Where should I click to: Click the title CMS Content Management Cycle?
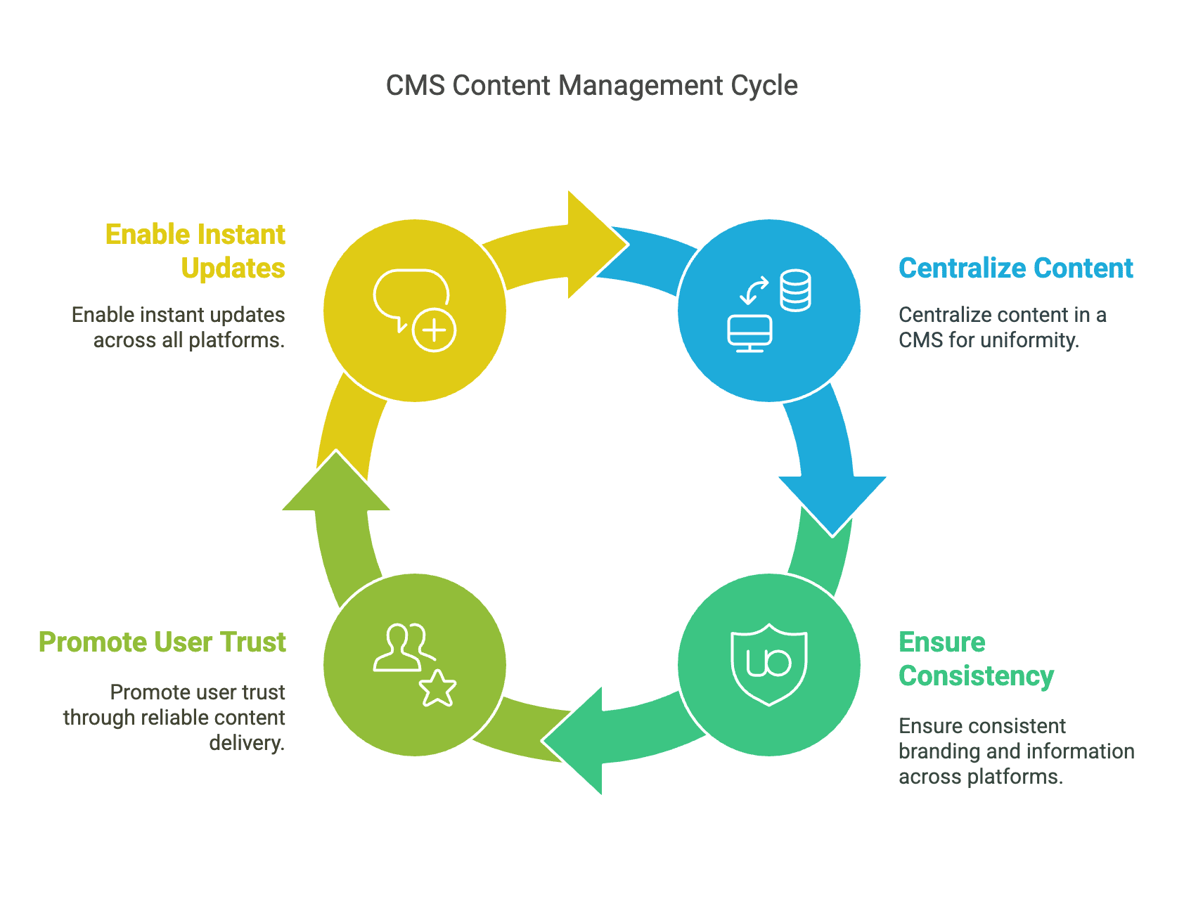591,86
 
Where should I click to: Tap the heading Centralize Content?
1015,269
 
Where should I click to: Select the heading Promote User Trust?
162,642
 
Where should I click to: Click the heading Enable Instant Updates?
195,251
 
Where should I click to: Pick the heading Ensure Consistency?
975,659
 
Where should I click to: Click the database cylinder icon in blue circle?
795,290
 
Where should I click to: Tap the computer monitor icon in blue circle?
749,333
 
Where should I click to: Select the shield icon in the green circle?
769,664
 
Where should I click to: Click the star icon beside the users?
437,688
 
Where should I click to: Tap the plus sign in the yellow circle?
434,330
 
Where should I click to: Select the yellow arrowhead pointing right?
594,245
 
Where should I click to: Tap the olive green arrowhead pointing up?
336,485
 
